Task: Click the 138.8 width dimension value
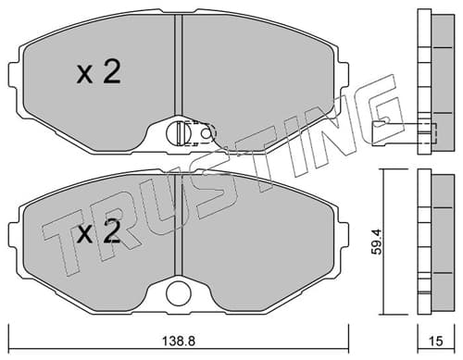point(179,341)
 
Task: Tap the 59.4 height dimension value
point(377,242)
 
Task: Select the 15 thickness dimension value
point(436,341)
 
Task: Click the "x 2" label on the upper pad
point(98,72)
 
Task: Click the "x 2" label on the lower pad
point(98,231)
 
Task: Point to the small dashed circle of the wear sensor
point(205,133)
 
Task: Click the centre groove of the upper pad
point(179,65)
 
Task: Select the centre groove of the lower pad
point(179,224)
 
